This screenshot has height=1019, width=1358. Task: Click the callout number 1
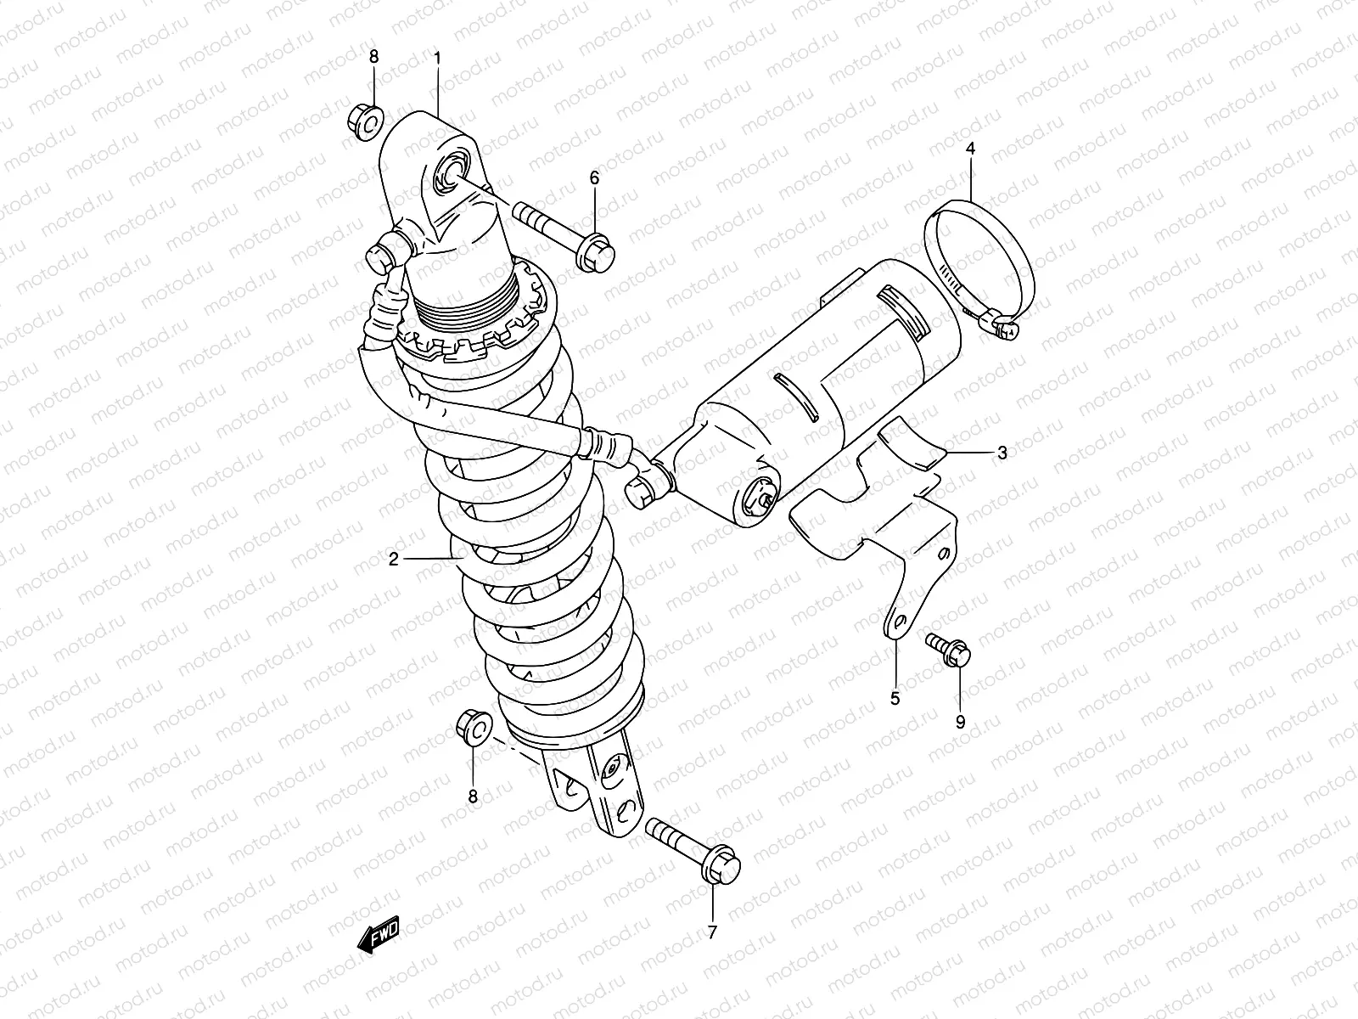point(437,58)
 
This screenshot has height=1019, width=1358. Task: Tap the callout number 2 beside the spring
point(393,559)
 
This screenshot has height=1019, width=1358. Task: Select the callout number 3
point(1002,453)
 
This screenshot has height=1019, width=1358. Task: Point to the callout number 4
point(970,149)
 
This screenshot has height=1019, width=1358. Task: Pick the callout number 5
point(895,699)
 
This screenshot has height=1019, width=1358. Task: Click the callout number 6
point(594,177)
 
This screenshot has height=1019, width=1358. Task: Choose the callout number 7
point(712,932)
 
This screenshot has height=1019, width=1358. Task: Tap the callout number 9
point(961,722)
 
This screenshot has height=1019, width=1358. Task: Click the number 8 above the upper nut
point(373,57)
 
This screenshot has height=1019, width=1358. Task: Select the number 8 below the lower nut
point(473,796)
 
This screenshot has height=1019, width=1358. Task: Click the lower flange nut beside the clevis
point(474,729)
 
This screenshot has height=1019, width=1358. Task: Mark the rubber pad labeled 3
point(909,445)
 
